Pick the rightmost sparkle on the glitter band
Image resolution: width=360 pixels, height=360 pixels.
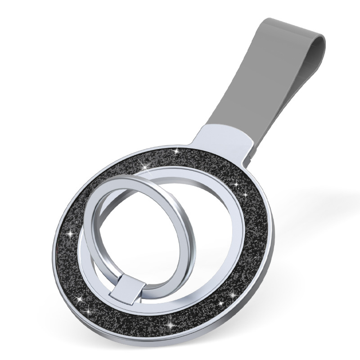click(x=246, y=195)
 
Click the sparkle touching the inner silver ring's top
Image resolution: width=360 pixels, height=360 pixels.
click(x=148, y=167)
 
